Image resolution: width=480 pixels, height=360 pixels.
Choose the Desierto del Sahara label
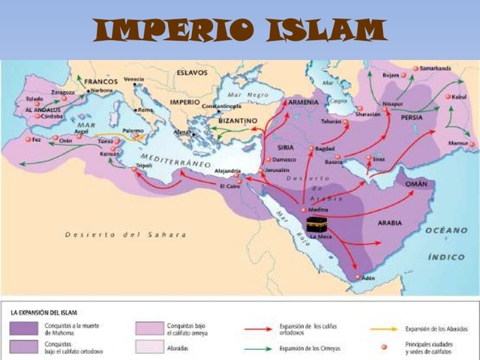125,235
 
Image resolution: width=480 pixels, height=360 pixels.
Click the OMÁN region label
415,184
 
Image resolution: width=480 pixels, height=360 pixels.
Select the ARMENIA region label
304,102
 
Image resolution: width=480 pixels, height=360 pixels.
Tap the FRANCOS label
101,81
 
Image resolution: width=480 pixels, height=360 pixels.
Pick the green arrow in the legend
260,348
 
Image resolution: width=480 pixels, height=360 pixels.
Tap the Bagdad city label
325,149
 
